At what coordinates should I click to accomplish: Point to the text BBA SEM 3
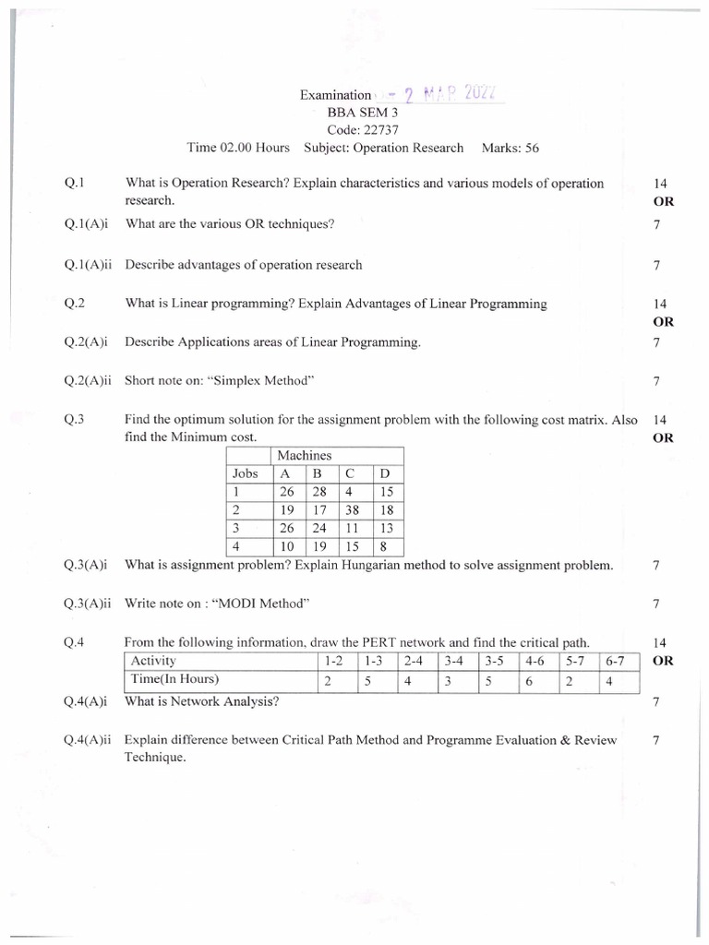[354, 113]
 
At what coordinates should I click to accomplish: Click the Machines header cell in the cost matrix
[304, 456]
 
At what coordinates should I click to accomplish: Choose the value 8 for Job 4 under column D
[384, 546]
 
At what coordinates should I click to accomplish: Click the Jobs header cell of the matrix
[246, 474]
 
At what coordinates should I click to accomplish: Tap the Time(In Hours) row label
[175, 680]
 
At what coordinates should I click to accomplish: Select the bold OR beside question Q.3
[663, 438]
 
